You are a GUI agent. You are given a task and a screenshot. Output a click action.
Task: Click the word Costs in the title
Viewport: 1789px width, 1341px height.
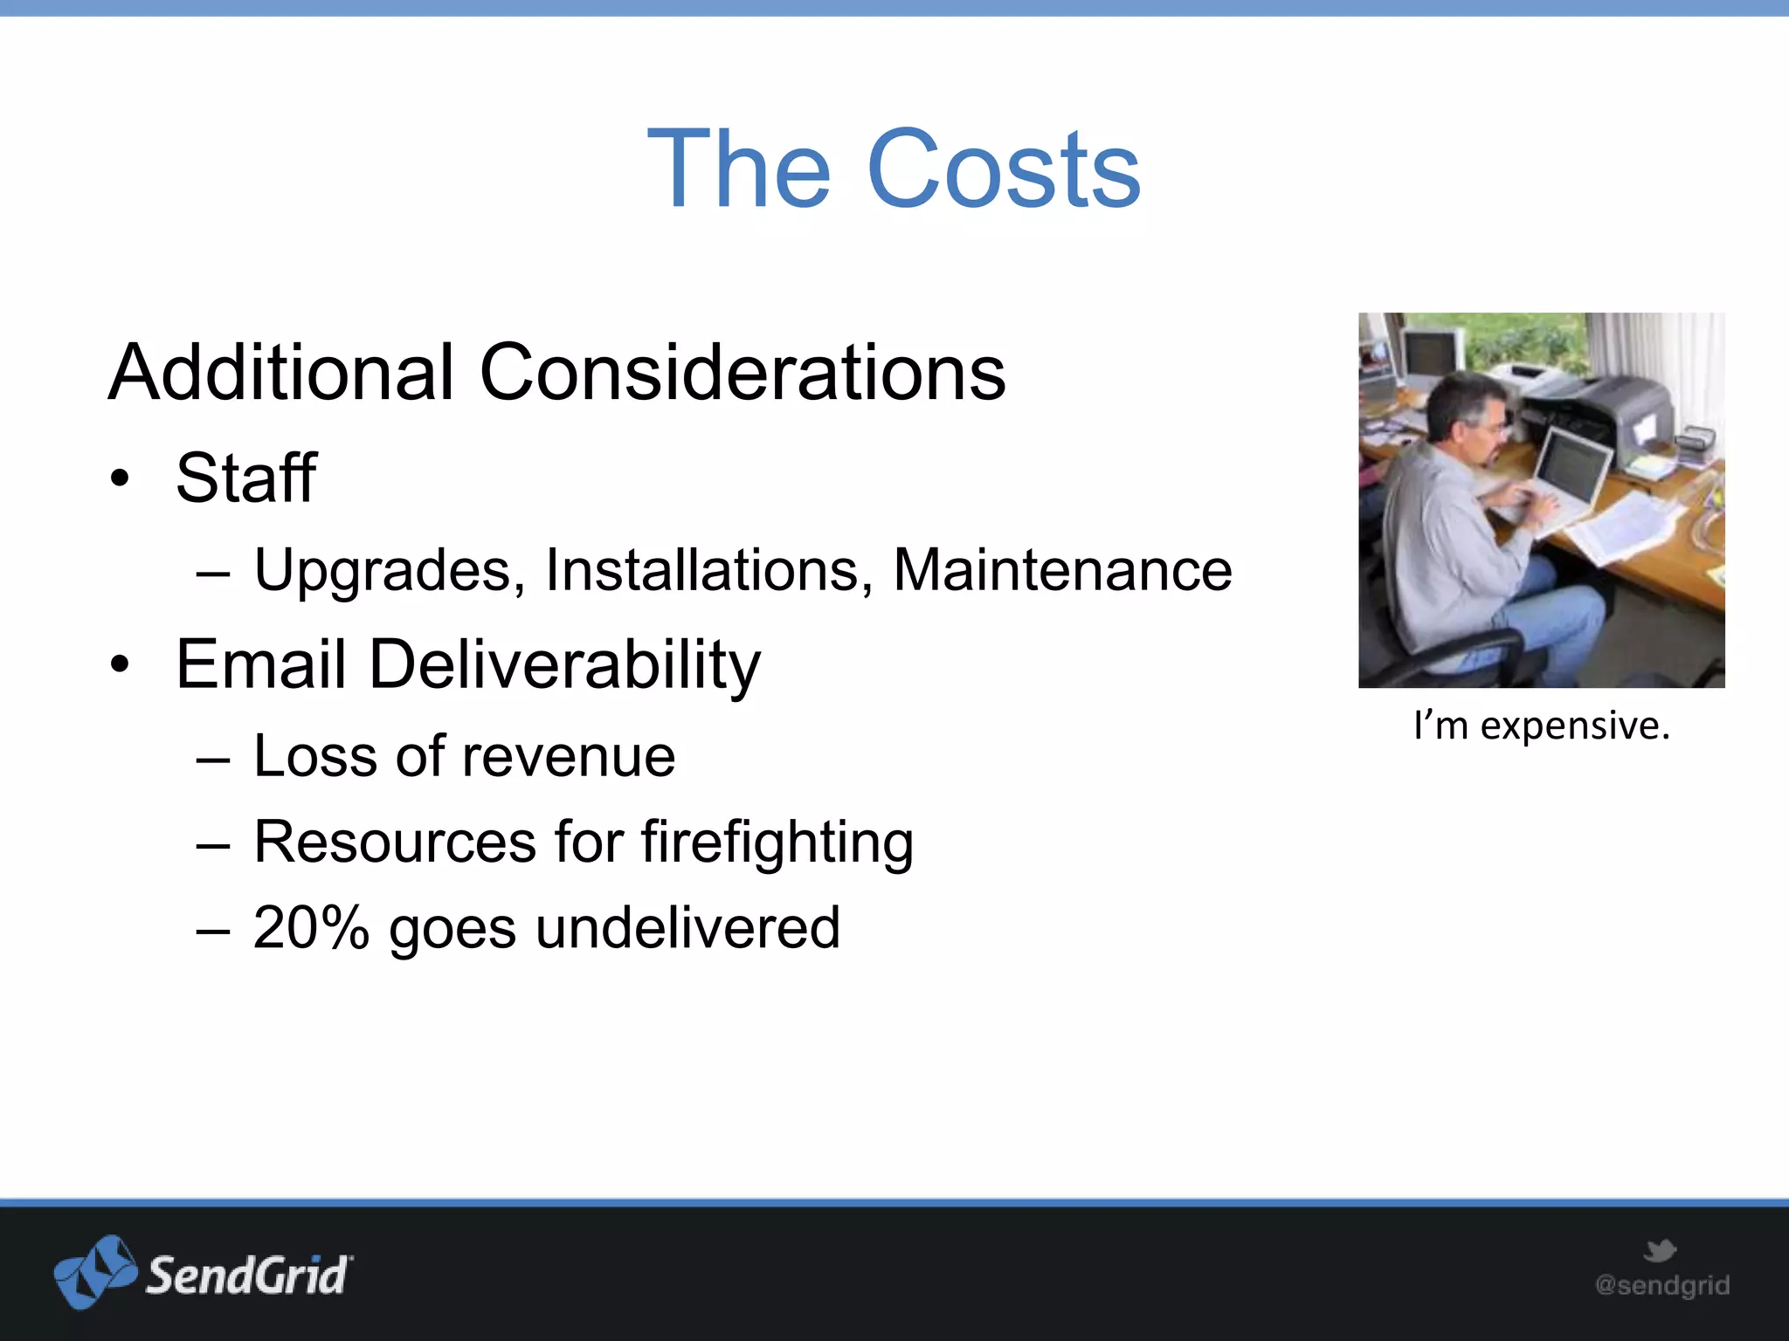click(1005, 169)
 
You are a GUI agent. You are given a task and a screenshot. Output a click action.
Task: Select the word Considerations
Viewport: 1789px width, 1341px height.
click(743, 373)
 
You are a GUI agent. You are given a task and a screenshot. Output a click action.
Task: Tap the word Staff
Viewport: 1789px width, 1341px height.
click(245, 478)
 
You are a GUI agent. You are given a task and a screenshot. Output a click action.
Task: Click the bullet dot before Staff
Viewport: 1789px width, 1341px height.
click(120, 478)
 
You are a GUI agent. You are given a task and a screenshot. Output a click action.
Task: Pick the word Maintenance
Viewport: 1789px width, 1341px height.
click(1062, 570)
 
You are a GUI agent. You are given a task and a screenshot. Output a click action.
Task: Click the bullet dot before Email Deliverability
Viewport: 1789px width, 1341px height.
click(120, 665)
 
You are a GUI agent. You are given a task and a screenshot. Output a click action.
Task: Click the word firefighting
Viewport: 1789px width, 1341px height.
click(777, 843)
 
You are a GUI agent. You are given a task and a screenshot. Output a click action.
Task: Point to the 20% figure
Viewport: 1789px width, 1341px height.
click(311, 927)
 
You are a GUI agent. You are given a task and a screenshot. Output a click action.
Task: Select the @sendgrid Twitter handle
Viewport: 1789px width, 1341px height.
click(1661, 1285)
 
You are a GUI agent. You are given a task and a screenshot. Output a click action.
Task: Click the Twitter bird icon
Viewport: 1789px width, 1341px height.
click(1660, 1250)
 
